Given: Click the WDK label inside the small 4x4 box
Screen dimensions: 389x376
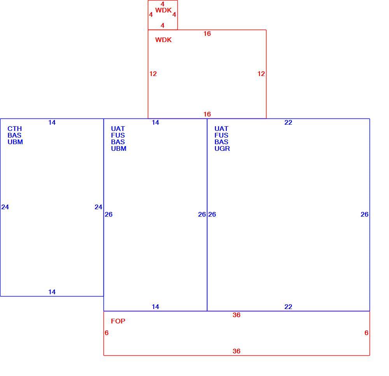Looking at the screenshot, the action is pos(163,10).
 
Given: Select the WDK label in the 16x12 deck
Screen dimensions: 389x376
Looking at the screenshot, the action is pos(163,40).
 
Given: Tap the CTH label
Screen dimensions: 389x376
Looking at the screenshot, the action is pos(15,129).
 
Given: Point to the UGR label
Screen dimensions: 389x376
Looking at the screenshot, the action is pos(222,148).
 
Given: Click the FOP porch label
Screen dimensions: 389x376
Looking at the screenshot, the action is pos(118,321).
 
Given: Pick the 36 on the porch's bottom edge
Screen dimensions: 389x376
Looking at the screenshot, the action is pos(237,351).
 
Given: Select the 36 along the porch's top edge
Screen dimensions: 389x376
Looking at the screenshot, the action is pos(237,315).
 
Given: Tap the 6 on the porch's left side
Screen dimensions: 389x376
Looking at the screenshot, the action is pos(107,333).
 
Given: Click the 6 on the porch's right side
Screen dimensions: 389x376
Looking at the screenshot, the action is pos(366,333).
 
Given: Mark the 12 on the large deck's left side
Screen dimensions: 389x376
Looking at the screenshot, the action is pos(153,74).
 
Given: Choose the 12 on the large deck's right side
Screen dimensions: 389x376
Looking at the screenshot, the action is pos(261,74).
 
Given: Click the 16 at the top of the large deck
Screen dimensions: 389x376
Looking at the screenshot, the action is pos(207,34).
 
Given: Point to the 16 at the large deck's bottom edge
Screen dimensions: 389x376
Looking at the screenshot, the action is pos(207,114).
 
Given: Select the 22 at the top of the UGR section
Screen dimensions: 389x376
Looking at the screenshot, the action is pos(288,122).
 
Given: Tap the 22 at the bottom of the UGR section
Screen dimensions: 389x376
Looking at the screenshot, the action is pos(288,307).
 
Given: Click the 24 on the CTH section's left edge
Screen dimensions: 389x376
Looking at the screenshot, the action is pos(5,207).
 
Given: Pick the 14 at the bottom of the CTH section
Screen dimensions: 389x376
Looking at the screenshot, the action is pos(52,292).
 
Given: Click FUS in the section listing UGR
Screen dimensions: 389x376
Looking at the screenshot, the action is pos(221,136).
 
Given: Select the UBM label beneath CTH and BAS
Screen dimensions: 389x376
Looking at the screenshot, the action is pos(15,142).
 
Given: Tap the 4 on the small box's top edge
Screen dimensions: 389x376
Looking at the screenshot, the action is pos(163,4).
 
